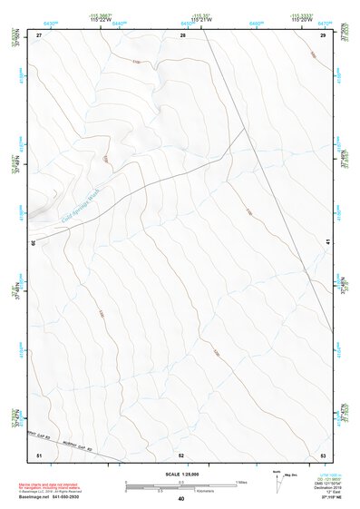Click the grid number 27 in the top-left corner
coord(39,34)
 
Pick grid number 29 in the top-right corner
coord(323,34)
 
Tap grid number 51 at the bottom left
coord(39,454)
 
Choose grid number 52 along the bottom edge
coord(181,454)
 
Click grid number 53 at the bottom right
coord(323,454)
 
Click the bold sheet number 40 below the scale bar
coord(181,499)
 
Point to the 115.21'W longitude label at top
coord(201,19)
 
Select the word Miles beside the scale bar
coord(242,481)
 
